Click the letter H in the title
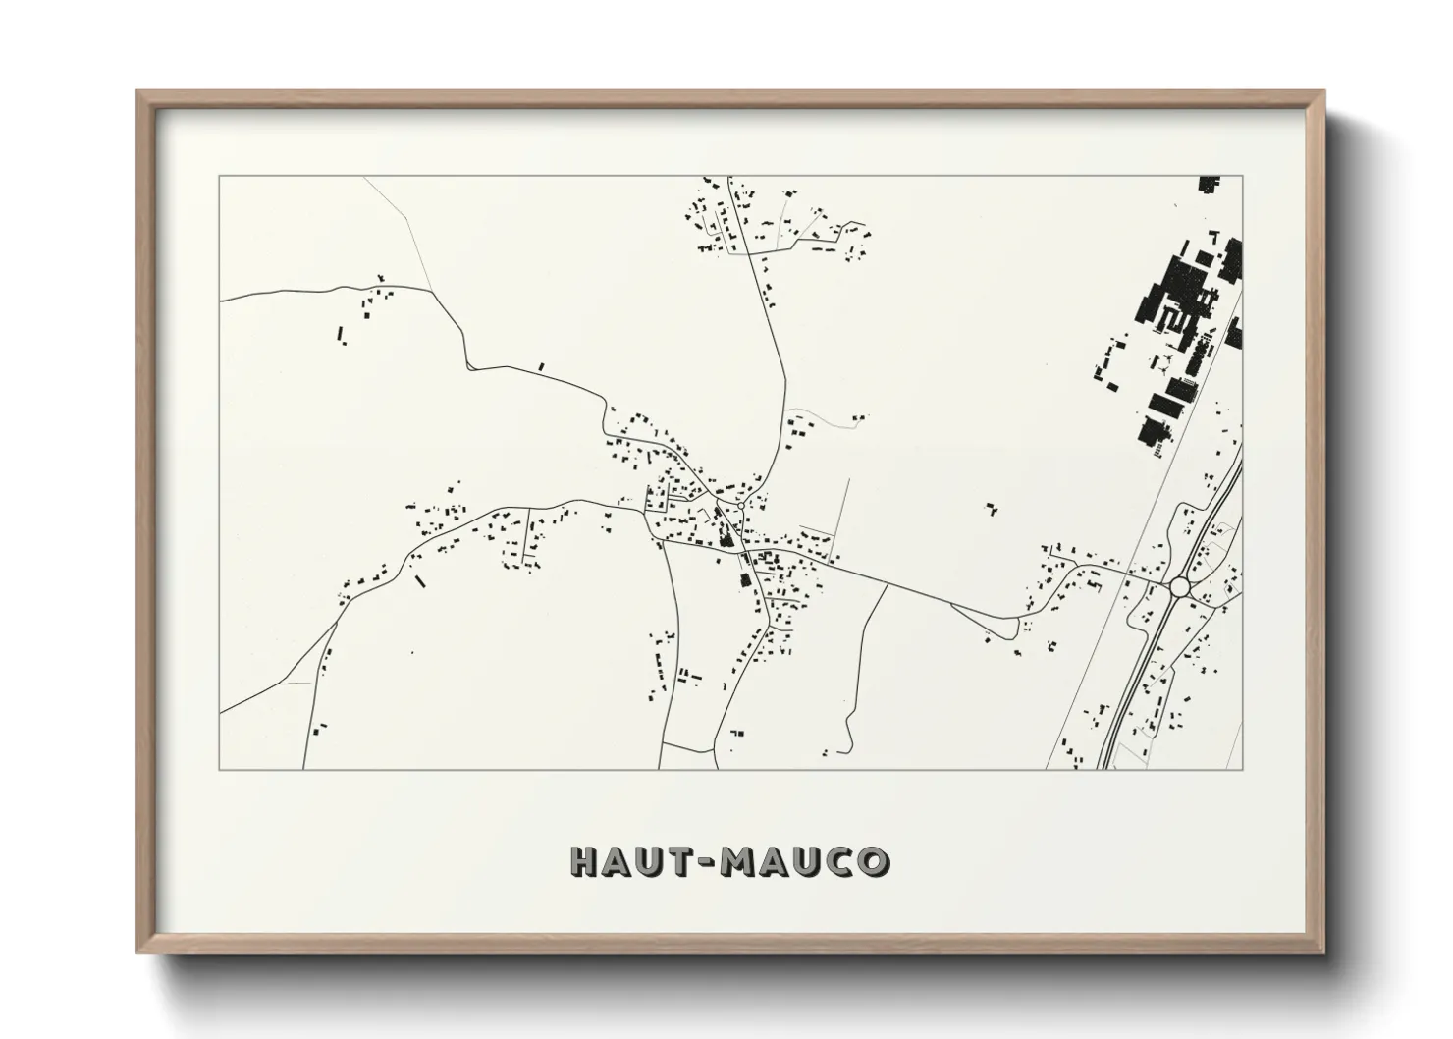click(584, 861)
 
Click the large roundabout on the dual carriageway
click(1179, 586)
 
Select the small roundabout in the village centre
click(741, 506)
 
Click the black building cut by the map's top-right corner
click(1208, 184)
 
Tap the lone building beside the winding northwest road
click(540, 366)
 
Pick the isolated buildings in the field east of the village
click(991, 509)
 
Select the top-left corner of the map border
click(219, 176)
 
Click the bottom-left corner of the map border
click(219, 769)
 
